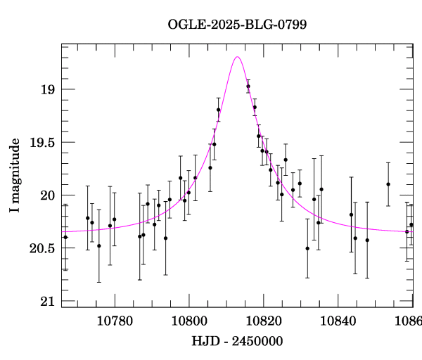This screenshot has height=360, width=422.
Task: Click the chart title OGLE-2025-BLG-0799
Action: click(237, 24)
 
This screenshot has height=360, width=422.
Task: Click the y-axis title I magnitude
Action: click(15, 176)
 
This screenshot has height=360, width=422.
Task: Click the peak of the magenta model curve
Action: click(238, 57)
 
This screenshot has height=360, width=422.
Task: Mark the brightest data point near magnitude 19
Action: click(248, 86)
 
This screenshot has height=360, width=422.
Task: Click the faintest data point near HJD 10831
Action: click(307, 248)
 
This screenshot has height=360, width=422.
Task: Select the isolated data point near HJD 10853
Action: click(388, 184)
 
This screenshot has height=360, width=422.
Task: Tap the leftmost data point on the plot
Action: click(65, 237)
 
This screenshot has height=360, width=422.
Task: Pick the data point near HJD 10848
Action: click(367, 240)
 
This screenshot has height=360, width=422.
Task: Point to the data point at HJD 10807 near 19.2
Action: click(219, 110)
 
